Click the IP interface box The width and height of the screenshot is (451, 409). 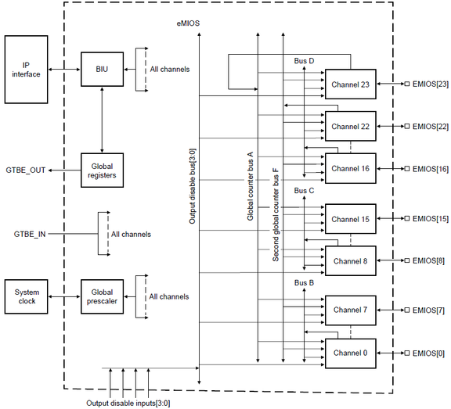pyautogui.click(x=27, y=69)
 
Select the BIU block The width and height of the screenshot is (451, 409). pyautogui.click(x=102, y=69)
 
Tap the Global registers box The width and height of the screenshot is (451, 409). pyautogui.click(x=102, y=170)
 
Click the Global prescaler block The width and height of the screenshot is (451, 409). pyautogui.click(x=102, y=296)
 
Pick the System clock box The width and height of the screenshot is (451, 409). pyautogui.click(x=27, y=296)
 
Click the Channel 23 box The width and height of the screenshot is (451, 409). pyautogui.click(x=350, y=84)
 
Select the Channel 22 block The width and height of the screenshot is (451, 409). pyautogui.click(x=350, y=126)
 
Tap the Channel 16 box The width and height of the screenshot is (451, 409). pyautogui.click(x=350, y=168)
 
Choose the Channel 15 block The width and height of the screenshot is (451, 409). pyautogui.click(x=350, y=218)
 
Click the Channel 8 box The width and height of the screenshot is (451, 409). pyautogui.click(x=350, y=260)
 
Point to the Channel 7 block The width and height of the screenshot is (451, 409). pyautogui.click(x=350, y=310)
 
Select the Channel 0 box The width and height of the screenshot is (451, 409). pyautogui.click(x=350, y=353)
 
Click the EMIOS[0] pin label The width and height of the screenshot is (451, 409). pyautogui.click(x=427, y=353)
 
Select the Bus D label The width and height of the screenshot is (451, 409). pyautogui.click(x=305, y=60)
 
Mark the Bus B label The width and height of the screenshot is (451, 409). pyautogui.click(x=305, y=282)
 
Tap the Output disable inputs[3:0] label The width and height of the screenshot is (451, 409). pyautogui.click(x=128, y=403)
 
